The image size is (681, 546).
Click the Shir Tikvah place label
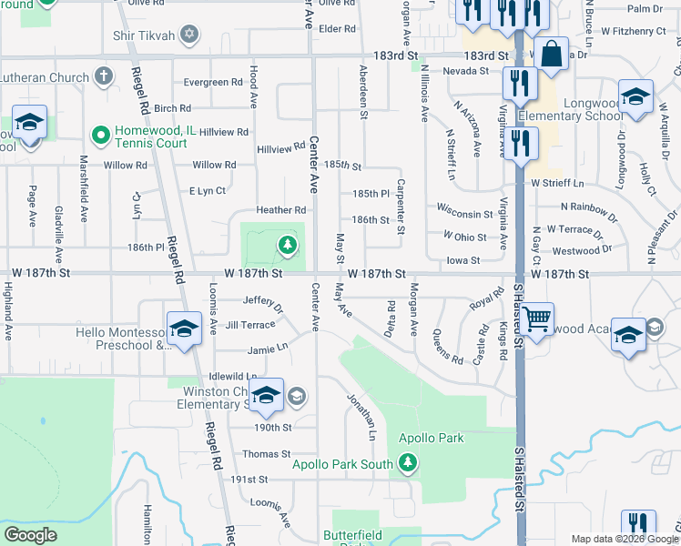point(146,35)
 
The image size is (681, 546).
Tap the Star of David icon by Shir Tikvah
point(189,35)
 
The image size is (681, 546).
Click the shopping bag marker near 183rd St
point(552,54)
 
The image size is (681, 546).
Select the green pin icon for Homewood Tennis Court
point(100,136)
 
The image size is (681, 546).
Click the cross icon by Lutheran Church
point(105,74)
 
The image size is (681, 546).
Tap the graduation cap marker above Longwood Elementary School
point(635,96)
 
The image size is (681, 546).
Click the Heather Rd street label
point(280,210)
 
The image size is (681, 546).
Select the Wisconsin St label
point(464,215)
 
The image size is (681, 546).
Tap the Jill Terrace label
point(250,325)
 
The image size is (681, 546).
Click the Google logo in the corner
point(31,535)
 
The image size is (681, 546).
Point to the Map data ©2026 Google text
point(622,539)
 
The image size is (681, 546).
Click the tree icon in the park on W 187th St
point(288,244)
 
